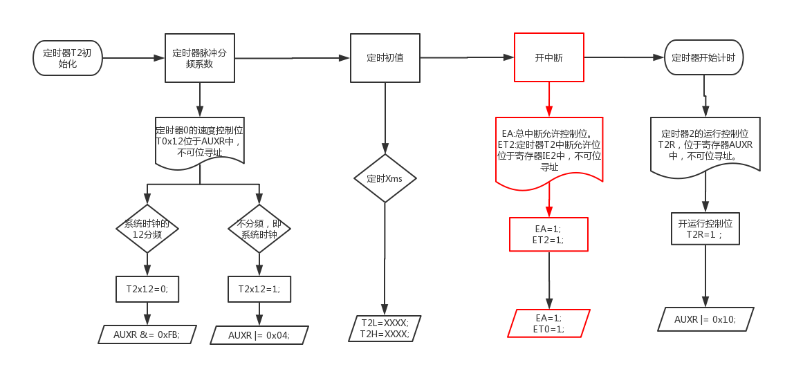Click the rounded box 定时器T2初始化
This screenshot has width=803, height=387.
pos(67,58)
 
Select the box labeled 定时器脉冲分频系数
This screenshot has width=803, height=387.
pos(200,58)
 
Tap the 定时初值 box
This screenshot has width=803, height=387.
pos(385,58)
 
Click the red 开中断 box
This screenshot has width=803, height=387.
pos(548,58)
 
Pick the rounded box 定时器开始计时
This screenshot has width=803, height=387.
pos(703,58)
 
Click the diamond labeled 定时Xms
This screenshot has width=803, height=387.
pos(385,178)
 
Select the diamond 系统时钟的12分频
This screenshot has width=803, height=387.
pos(147,229)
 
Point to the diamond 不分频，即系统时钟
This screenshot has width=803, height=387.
pos(259,229)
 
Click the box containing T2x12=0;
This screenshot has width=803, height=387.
pos(147,289)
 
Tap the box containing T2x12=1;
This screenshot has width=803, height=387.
pos(259,289)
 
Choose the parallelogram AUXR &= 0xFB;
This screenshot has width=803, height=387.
pos(147,334)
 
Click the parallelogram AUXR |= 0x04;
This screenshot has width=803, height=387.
pos(259,335)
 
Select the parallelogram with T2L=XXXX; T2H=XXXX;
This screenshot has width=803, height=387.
pos(385,328)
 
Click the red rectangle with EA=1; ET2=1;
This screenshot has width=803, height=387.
pos(548,234)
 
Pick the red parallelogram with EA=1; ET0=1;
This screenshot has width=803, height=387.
pos(548,323)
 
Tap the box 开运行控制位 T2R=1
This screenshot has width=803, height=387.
pos(705,229)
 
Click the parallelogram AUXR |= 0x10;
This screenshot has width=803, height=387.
pos(705,319)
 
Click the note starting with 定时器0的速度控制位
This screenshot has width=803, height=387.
pos(200,141)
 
